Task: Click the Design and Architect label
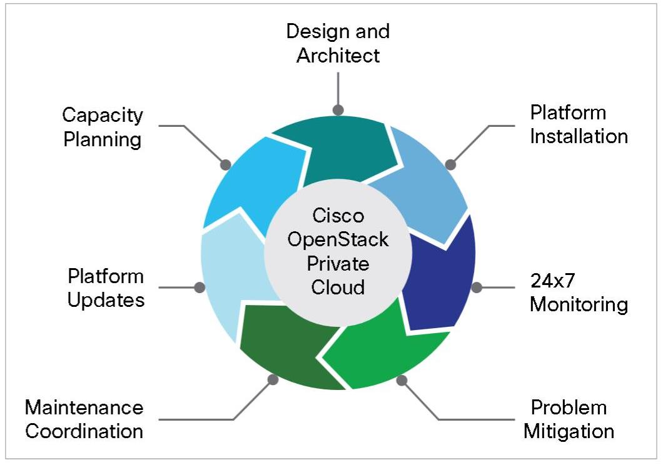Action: tap(338, 43)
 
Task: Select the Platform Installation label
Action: tap(579, 124)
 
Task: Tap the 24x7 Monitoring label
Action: tap(579, 292)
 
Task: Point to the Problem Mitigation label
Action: tap(569, 419)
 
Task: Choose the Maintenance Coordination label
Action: tap(84, 419)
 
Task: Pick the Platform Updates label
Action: tap(106, 288)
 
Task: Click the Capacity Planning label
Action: tap(103, 127)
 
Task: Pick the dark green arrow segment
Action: tap(288, 342)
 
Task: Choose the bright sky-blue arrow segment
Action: tap(254, 182)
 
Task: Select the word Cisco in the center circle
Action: tap(338, 216)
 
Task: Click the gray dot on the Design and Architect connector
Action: tap(338, 110)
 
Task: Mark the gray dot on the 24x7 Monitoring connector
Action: tap(477, 287)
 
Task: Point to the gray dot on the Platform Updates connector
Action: tap(200, 287)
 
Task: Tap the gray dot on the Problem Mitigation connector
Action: tap(402, 380)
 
